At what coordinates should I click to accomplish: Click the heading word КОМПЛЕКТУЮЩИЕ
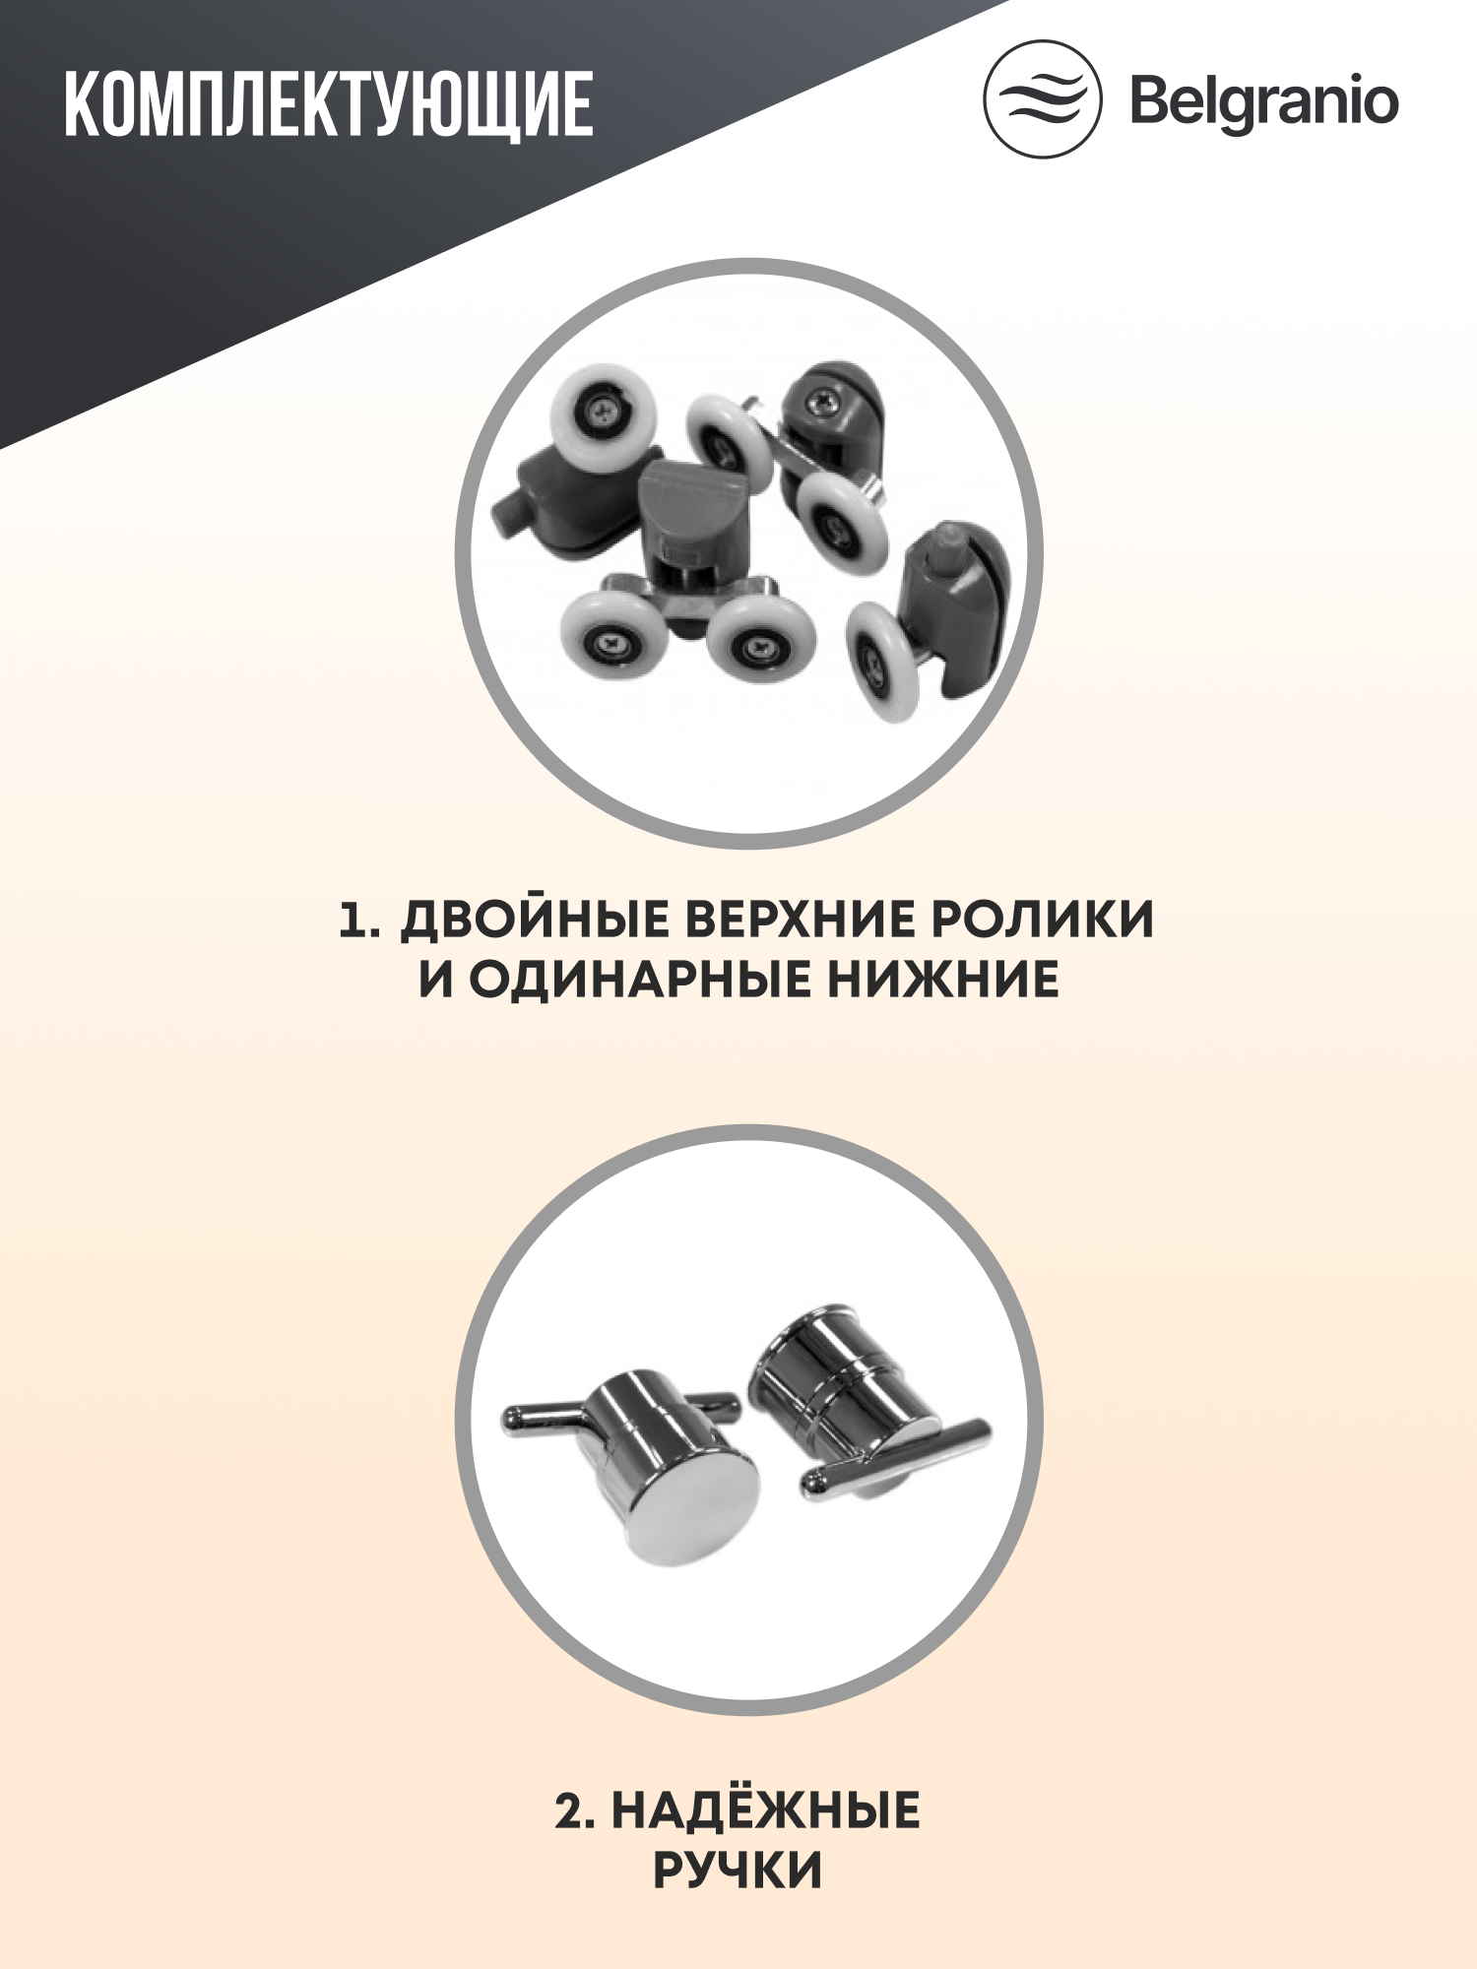pyautogui.click(x=329, y=103)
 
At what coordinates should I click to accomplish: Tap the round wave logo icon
pyautogui.click(x=1042, y=99)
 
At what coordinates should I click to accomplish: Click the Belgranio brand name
pyautogui.click(x=1264, y=101)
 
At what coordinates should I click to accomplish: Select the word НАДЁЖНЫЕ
pyautogui.click(x=765, y=1811)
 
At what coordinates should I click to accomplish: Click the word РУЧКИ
pyautogui.click(x=738, y=1872)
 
